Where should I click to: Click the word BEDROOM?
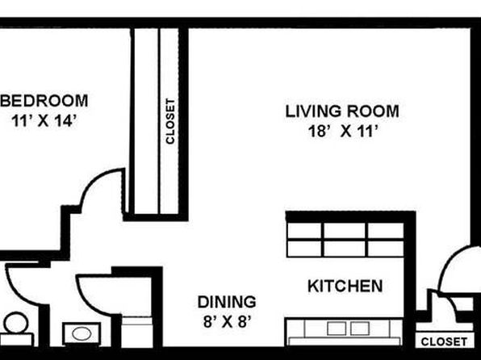point(44,101)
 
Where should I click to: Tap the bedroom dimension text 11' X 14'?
point(44,121)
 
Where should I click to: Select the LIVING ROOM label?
point(342,111)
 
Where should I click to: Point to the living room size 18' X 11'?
point(342,132)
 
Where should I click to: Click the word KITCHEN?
point(345,286)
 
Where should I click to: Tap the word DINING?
point(227,302)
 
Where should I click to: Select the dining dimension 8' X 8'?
point(227,322)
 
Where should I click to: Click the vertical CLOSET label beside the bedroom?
point(170,121)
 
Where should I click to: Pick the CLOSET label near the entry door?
point(444,341)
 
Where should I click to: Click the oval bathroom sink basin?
point(82,333)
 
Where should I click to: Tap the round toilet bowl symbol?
point(16,323)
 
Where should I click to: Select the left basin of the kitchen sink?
point(337,329)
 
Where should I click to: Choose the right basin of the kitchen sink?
point(360,329)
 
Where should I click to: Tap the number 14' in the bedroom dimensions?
point(65,121)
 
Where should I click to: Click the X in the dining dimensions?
point(227,322)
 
